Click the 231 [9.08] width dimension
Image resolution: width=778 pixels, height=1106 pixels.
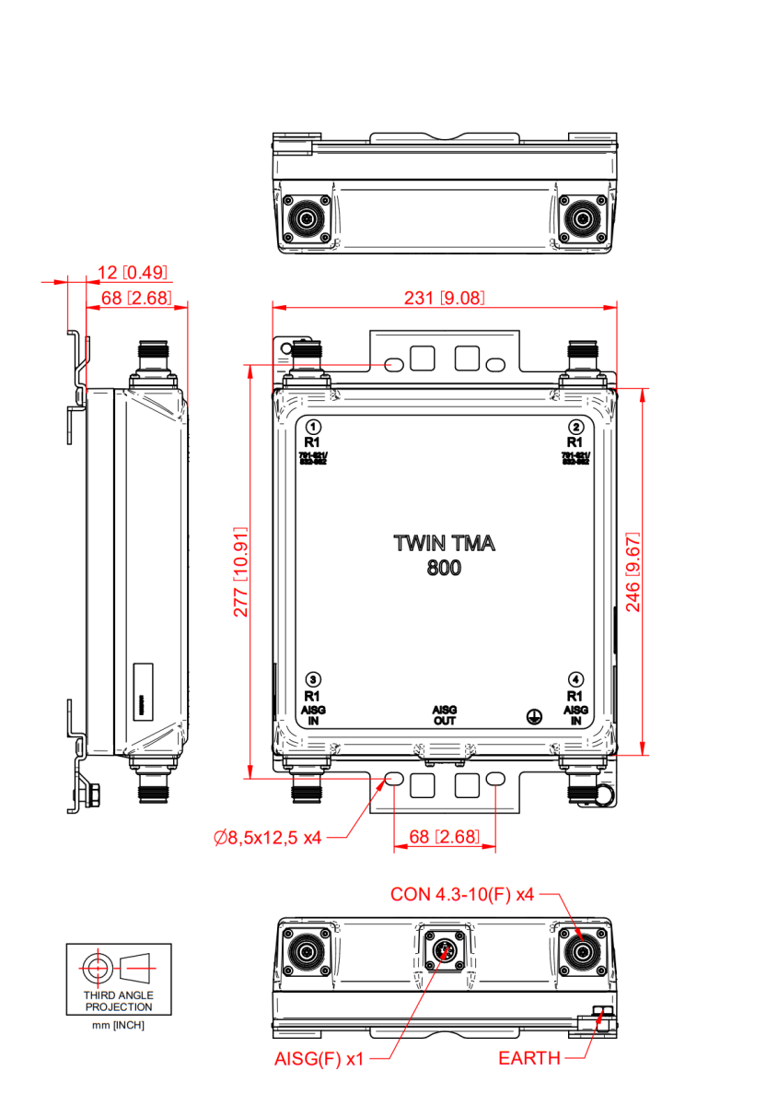pos(445,298)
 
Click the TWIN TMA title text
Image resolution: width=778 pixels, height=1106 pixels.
pos(444,543)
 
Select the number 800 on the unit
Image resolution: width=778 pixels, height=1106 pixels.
pos(444,568)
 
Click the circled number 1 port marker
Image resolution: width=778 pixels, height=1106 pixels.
pos(313,427)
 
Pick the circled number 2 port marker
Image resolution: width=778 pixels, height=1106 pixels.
pos(575,427)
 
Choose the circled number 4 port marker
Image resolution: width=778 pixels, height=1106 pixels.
pos(575,679)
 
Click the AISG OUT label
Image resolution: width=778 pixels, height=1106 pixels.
pos(445,715)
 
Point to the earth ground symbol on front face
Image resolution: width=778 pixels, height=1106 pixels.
pos(531,714)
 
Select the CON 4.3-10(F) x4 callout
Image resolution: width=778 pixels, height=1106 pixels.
pos(462,893)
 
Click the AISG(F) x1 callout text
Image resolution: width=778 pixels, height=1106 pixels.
pos(319,1059)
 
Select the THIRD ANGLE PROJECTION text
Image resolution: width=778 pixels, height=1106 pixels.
pos(119,1001)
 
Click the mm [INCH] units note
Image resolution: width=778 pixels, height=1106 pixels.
pos(119,1025)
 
